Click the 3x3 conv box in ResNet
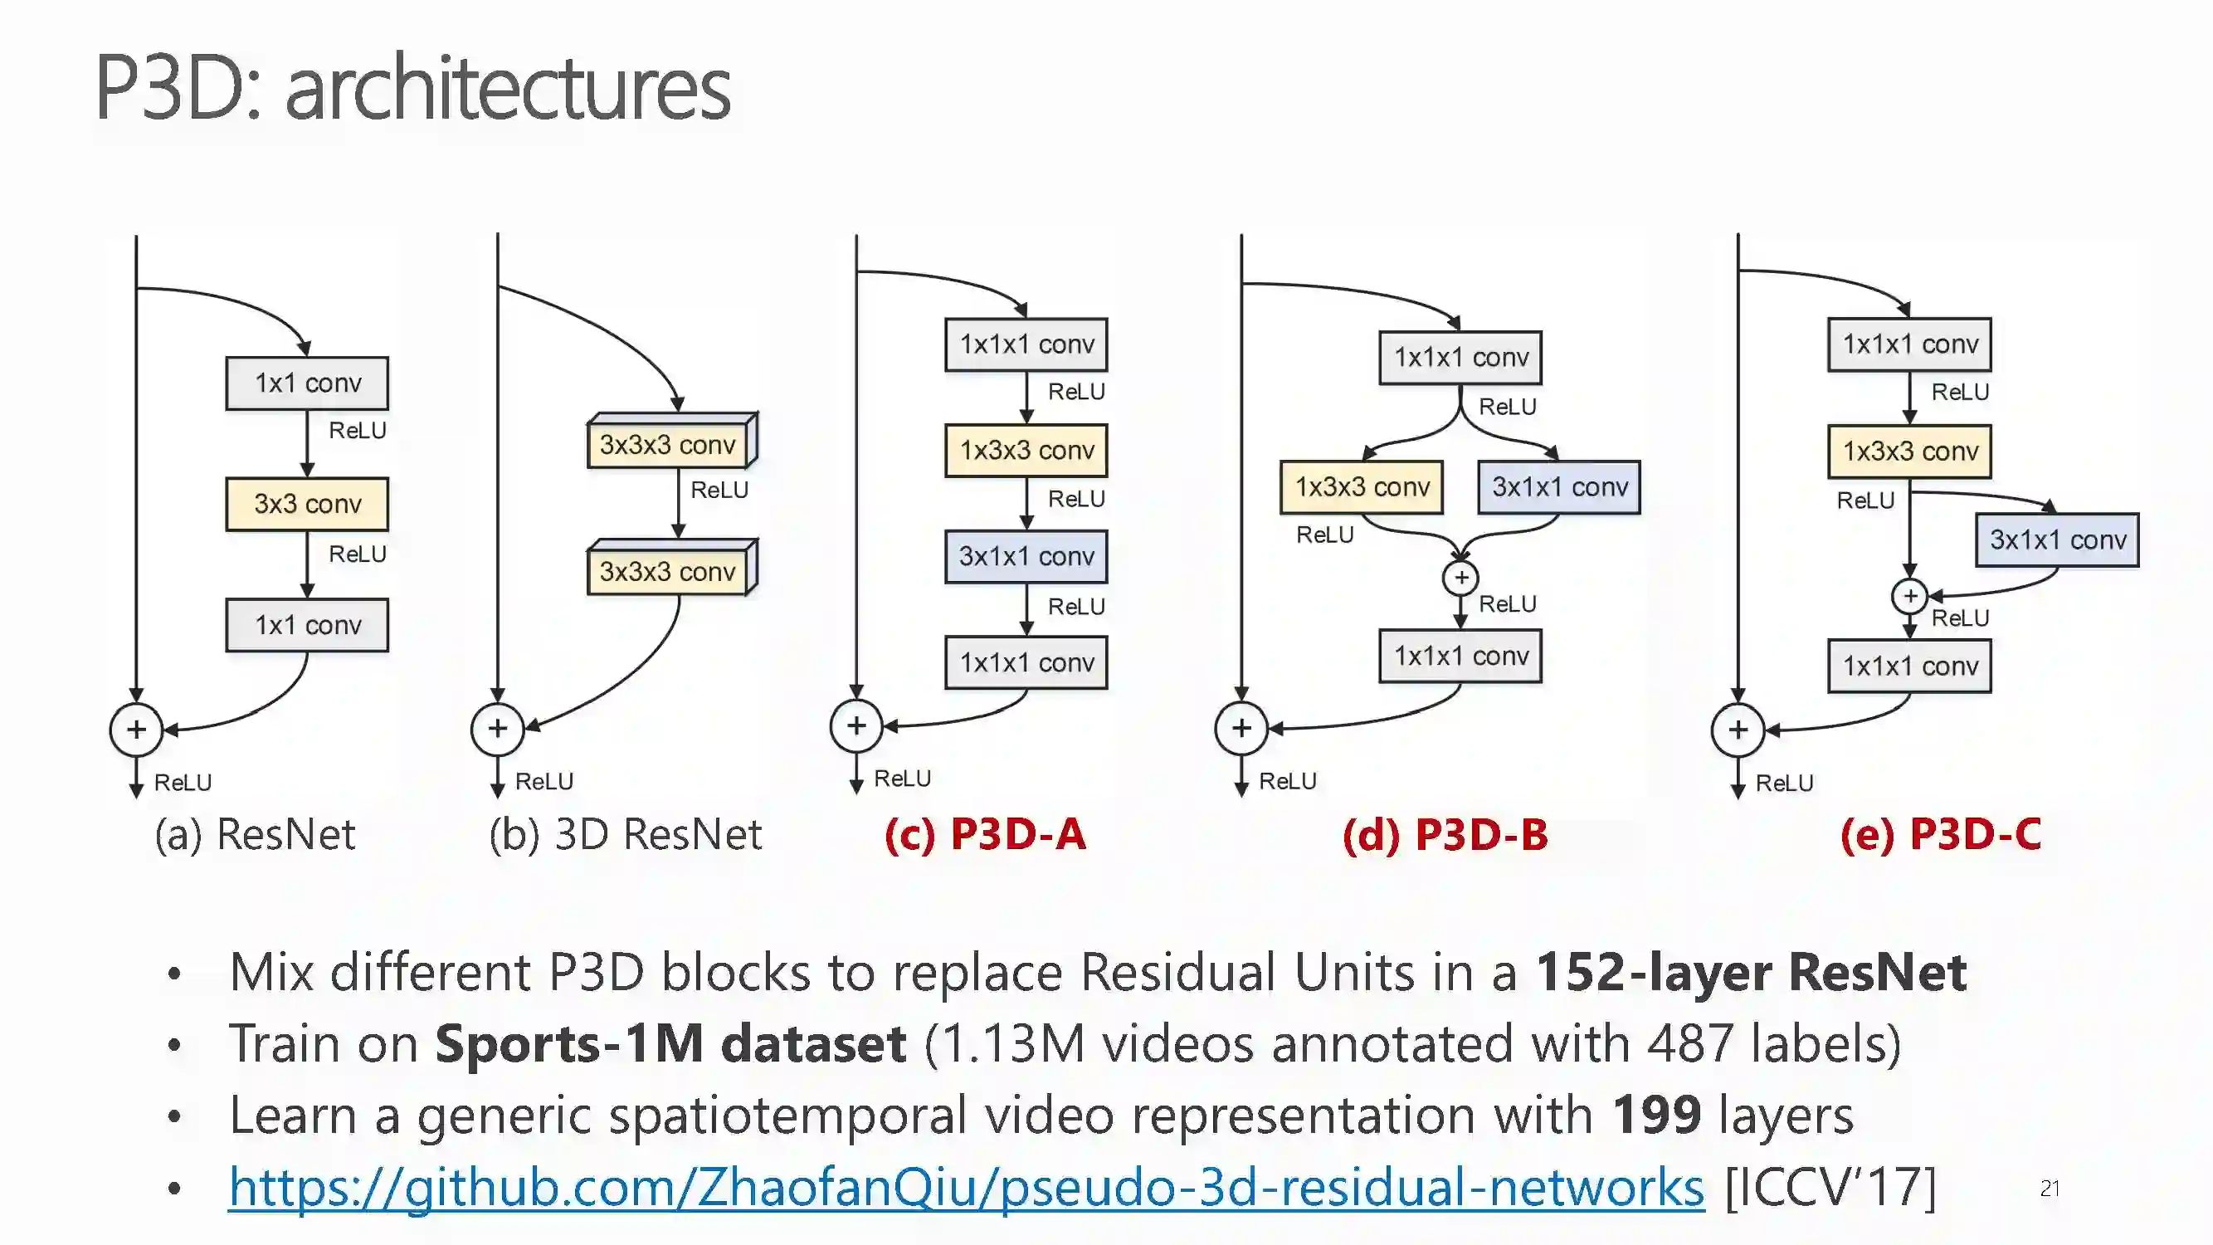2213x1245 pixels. [307, 505]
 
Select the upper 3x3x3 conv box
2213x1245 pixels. [668, 444]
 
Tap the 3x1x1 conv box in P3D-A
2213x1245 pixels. [1026, 557]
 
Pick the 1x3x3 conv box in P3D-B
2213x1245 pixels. [1362, 487]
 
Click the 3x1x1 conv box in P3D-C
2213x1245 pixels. [2057, 540]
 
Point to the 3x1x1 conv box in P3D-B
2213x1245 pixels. [1559, 487]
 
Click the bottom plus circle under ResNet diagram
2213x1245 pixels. [137, 730]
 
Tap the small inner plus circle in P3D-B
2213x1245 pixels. [1460, 578]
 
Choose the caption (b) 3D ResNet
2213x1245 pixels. [626, 834]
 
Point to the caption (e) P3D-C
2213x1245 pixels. [1940, 834]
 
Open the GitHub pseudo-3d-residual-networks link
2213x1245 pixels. [966, 1188]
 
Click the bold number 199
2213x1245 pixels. [1656, 1115]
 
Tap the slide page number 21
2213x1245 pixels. [2049, 1189]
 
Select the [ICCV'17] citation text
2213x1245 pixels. [1830, 1188]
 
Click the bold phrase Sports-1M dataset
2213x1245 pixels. [670, 1043]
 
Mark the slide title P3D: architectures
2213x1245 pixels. [412, 88]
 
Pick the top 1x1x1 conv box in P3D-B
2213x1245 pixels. [1460, 358]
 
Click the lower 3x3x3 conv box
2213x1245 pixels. [668, 570]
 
